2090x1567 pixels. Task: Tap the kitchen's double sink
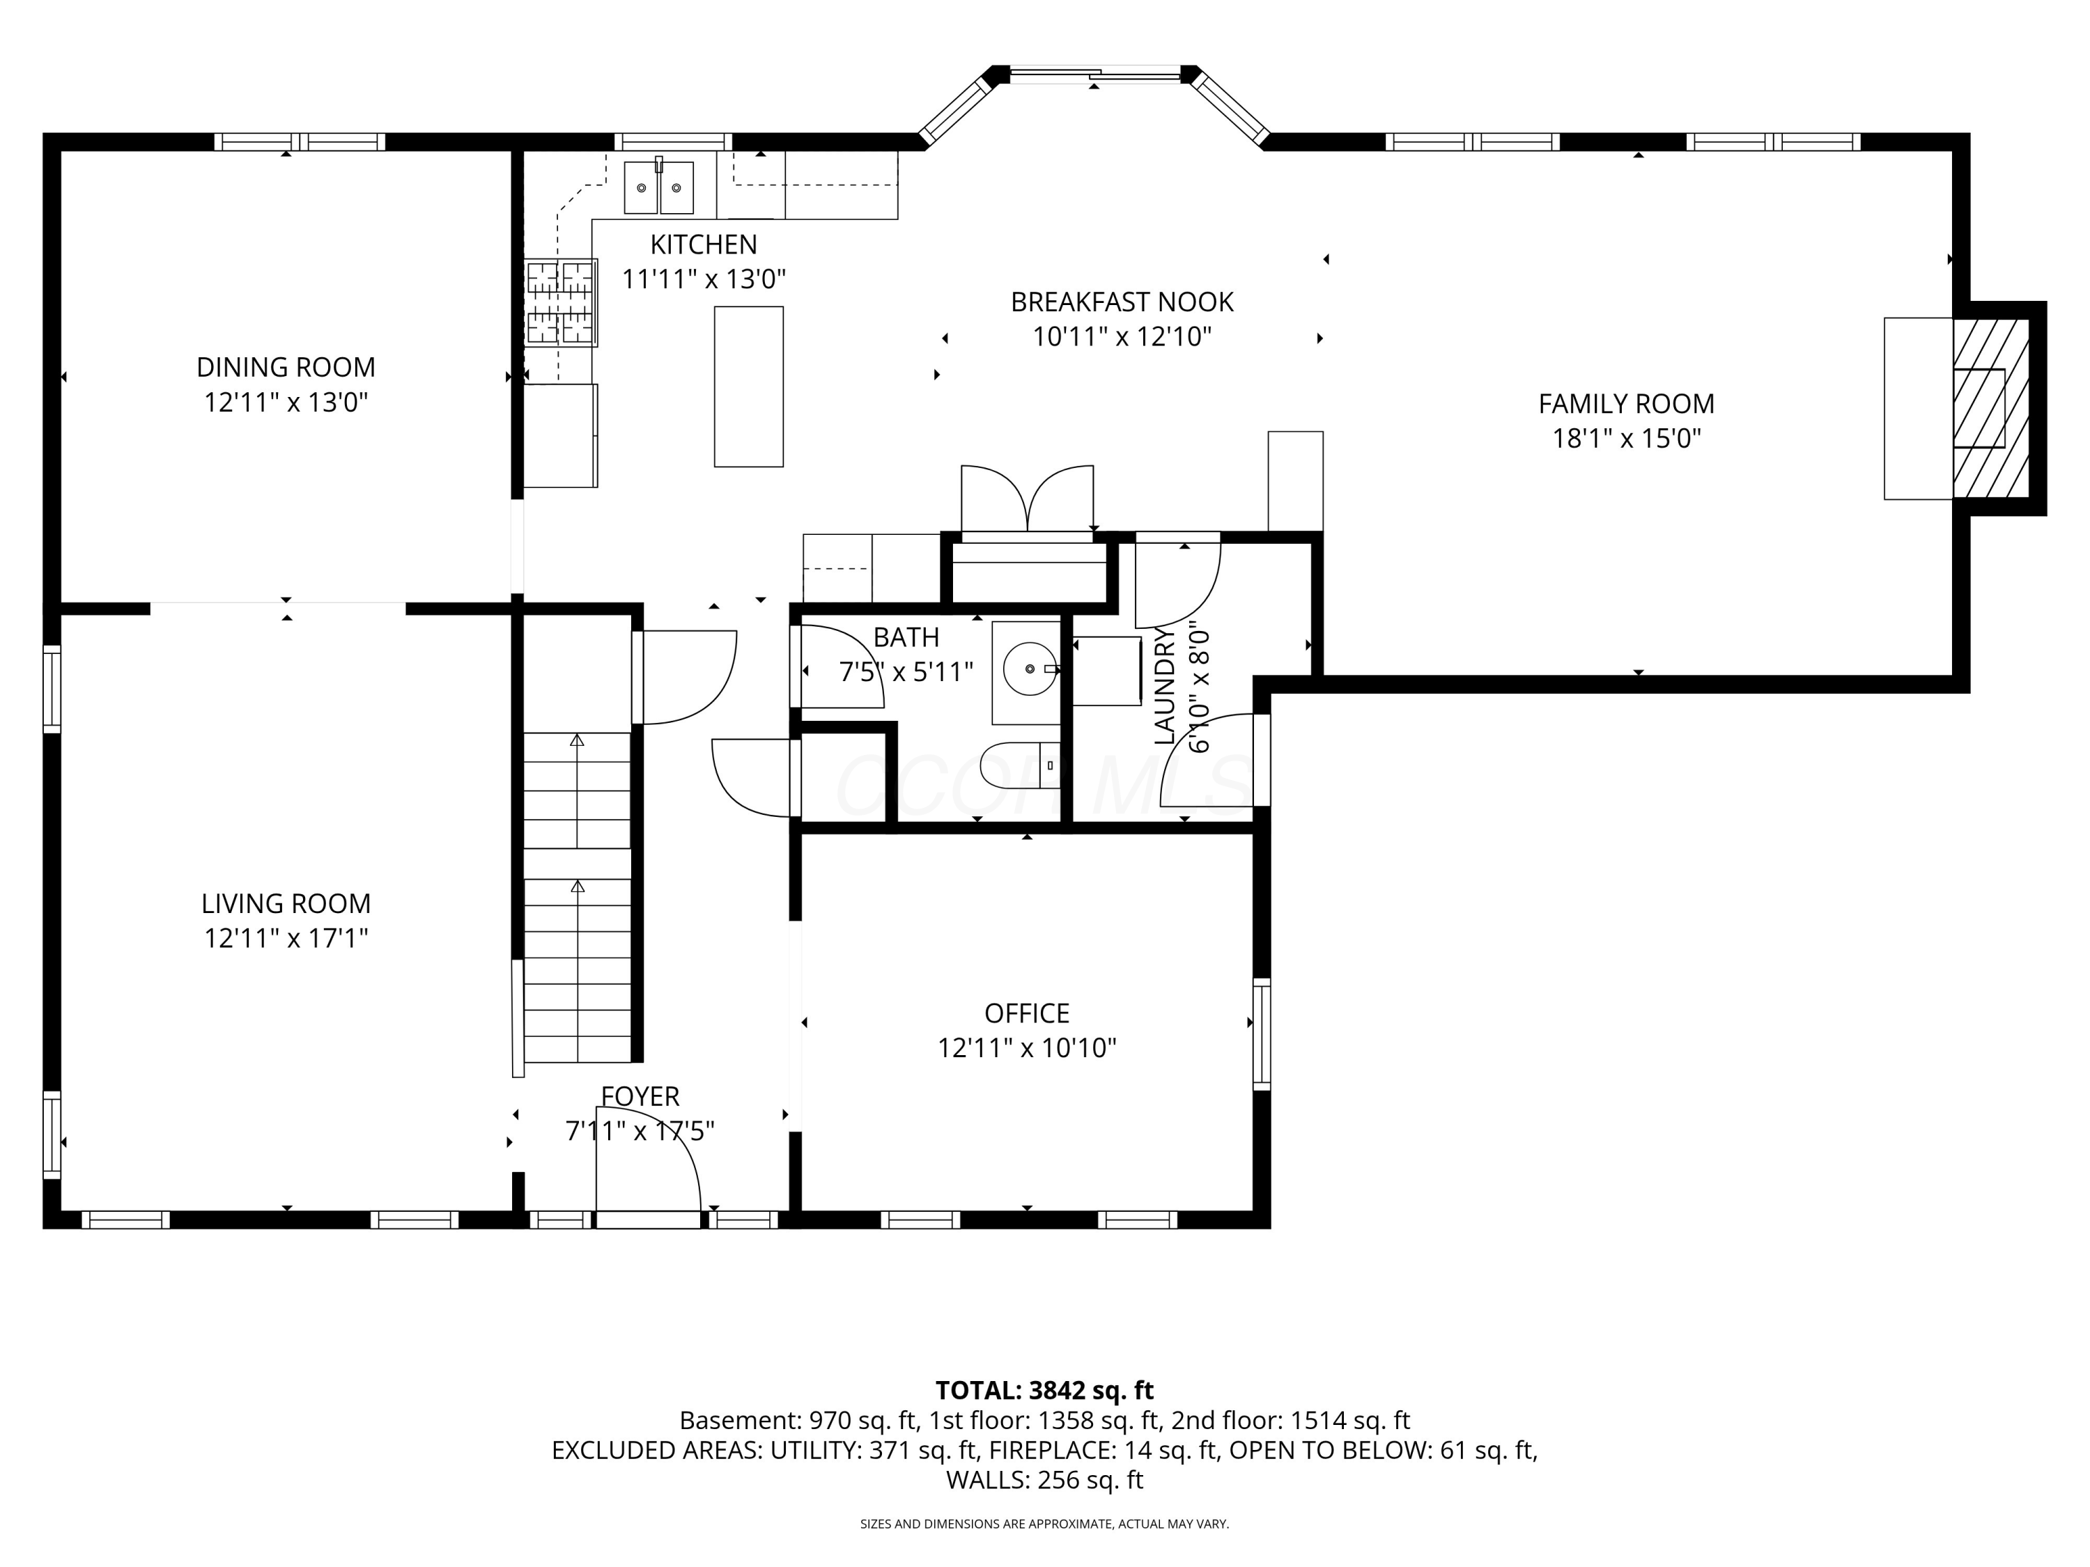[658, 187]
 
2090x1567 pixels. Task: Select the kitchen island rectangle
[748, 387]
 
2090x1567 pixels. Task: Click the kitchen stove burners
[562, 302]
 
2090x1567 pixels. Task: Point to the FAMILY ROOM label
[1626, 403]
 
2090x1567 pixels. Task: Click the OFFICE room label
[1027, 1013]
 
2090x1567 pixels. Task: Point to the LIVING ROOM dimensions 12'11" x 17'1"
[286, 938]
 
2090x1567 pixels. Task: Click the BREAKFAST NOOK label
[1122, 302]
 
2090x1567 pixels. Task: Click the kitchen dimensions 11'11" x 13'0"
[704, 279]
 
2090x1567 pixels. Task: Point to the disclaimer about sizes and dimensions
[1044, 1524]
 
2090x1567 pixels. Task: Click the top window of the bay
[1094, 74]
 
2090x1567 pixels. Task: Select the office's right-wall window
[1262, 1034]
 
